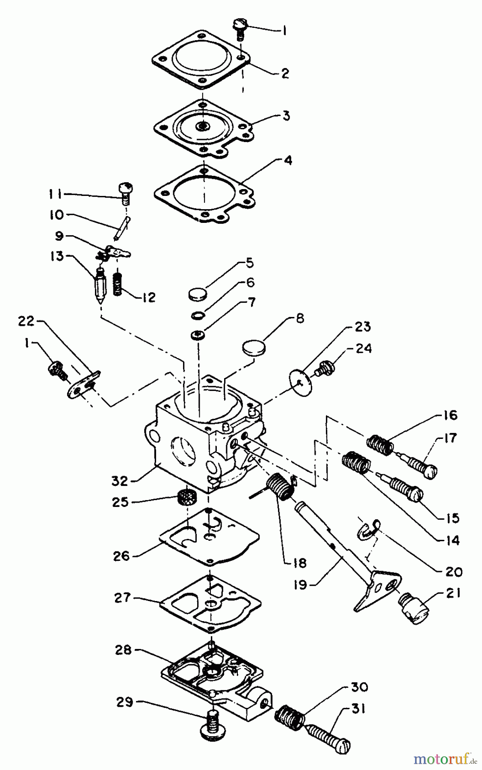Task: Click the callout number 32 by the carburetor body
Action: [120, 481]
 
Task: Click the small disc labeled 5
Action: [198, 294]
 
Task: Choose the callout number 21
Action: [452, 593]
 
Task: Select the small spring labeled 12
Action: [117, 284]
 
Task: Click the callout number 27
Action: [122, 597]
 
